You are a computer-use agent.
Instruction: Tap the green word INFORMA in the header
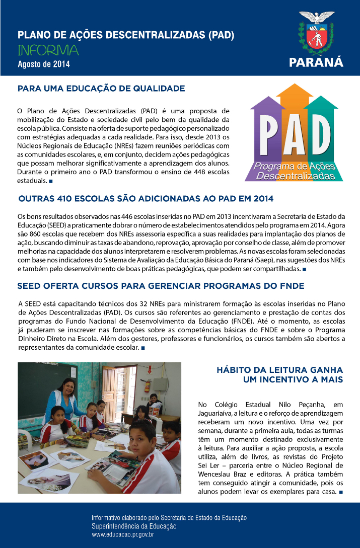(48, 50)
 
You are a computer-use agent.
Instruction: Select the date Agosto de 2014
(44, 64)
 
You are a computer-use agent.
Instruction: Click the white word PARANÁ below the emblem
(316, 62)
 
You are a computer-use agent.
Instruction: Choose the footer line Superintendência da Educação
(133, 526)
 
